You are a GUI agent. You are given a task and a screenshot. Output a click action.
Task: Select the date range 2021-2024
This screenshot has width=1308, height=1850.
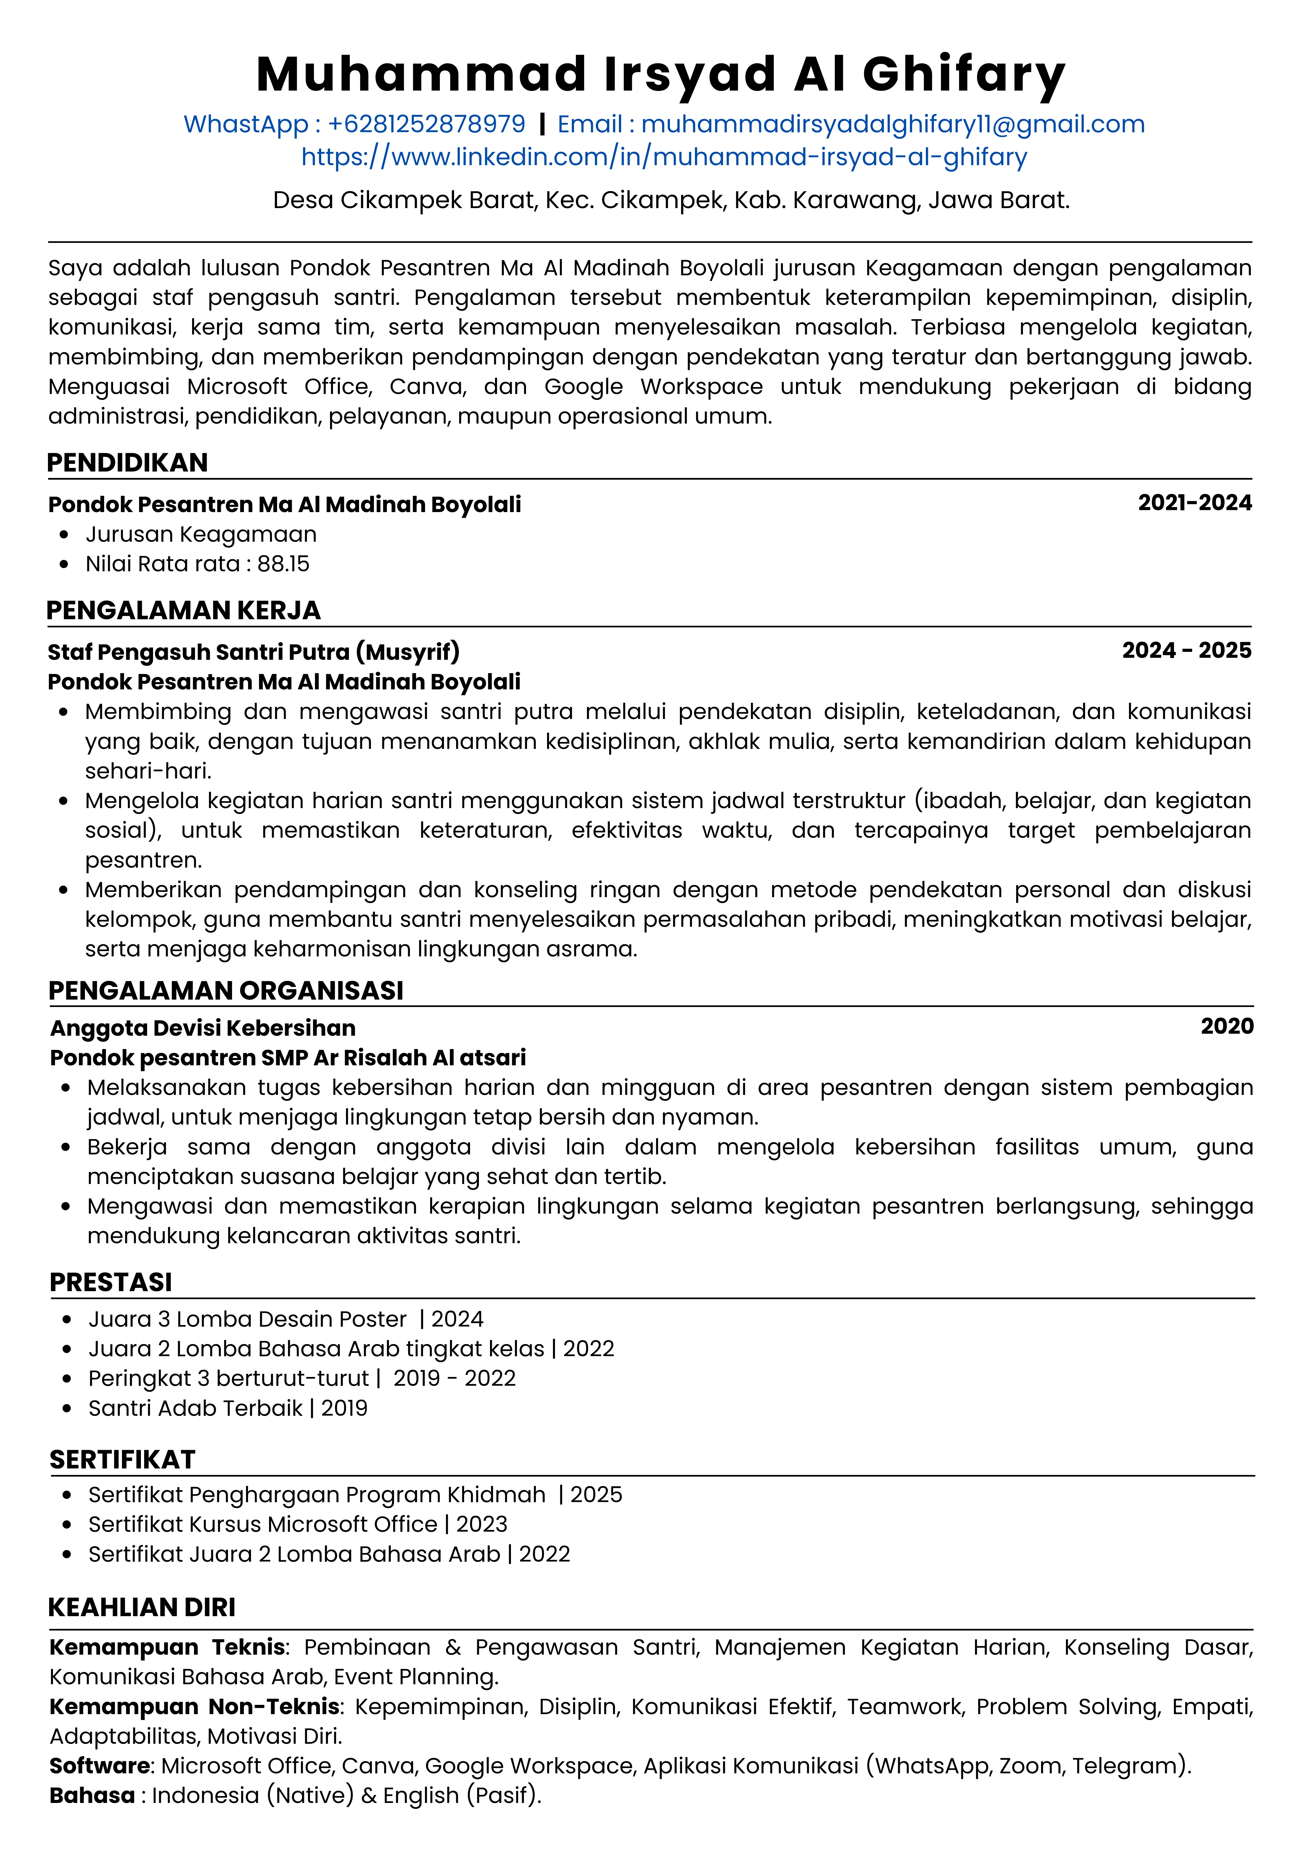point(1194,503)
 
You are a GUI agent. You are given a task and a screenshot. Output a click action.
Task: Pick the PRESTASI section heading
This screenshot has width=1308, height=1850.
point(111,1282)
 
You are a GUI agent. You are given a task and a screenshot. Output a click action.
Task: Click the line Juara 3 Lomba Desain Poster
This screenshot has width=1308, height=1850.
point(248,1319)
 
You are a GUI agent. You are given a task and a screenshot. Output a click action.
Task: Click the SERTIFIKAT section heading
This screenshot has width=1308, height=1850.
point(123,1459)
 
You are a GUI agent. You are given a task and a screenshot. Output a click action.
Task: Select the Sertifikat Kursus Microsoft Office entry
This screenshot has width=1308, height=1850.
point(263,1524)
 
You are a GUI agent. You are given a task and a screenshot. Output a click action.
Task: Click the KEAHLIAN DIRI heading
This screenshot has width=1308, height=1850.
point(142,1608)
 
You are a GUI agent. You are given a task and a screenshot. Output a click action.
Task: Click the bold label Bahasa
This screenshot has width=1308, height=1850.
point(92,1795)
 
